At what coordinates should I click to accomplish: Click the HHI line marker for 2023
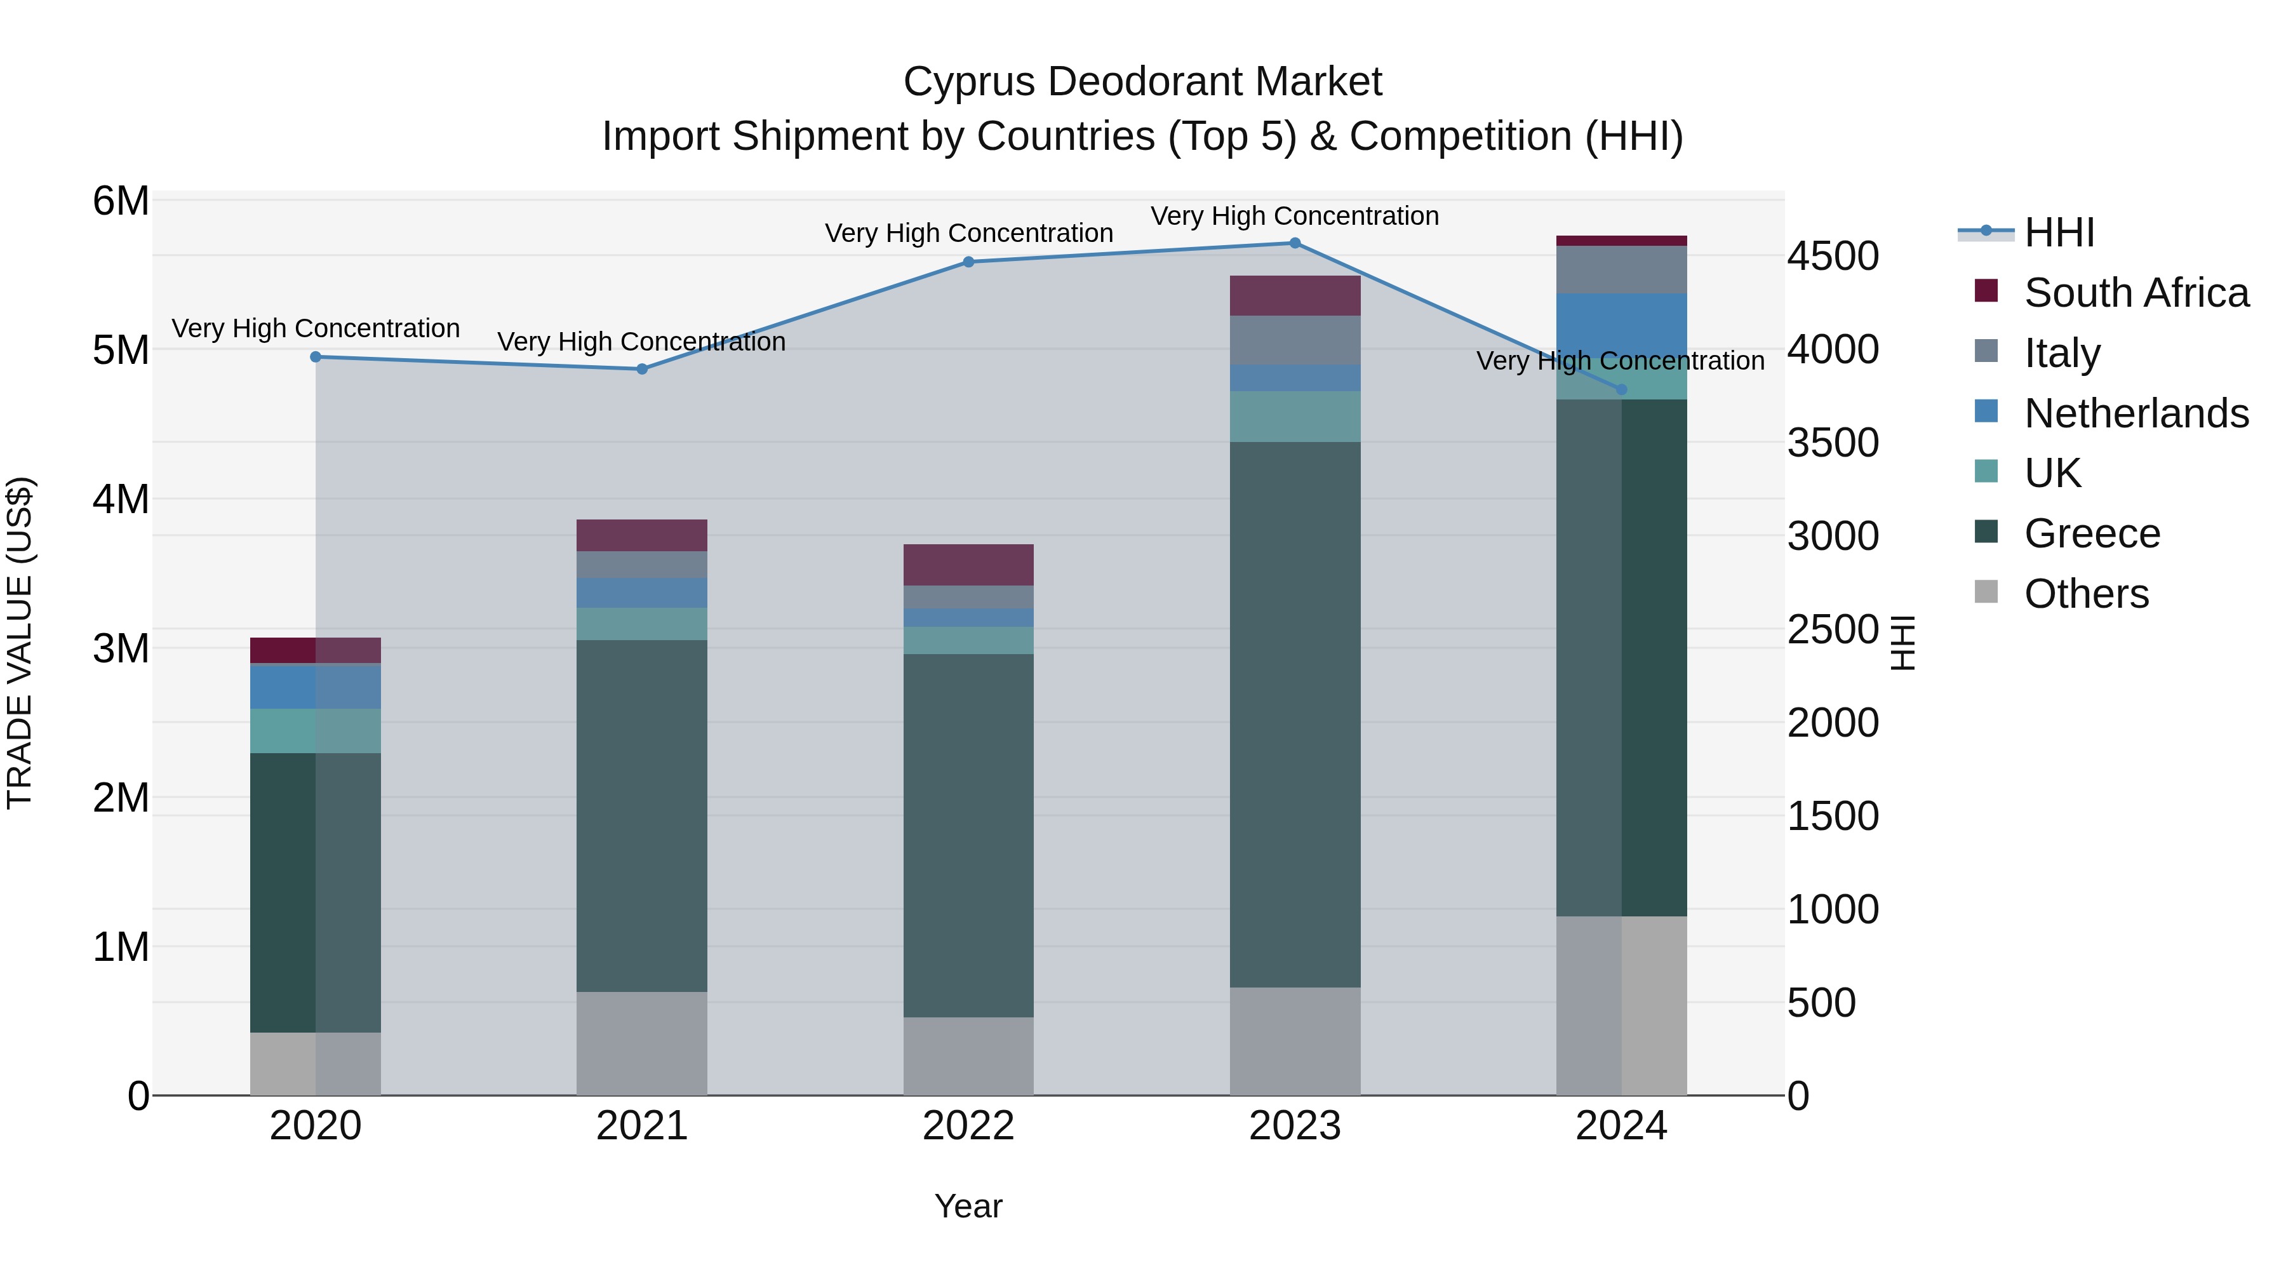tap(1295, 243)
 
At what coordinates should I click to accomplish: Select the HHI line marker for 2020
tap(316, 357)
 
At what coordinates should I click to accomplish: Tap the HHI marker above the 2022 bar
tap(968, 262)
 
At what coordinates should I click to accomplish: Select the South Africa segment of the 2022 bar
tap(968, 565)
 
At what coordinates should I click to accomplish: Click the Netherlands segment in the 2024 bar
tap(1621, 324)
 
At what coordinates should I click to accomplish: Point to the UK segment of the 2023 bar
tap(1295, 416)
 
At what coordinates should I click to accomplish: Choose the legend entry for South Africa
tap(2136, 293)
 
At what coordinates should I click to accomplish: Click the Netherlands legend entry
tap(2136, 413)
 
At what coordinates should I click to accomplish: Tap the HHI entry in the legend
tap(2059, 232)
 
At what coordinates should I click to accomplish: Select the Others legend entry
tap(2085, 594)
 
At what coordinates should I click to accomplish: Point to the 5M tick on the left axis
tap(121, 350)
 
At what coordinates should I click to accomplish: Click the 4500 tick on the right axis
tap(1833, 257)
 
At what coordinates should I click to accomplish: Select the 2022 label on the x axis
tap(968, 1126)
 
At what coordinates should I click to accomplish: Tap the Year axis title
tap(968, 1206)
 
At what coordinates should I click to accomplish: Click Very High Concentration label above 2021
tap(641, 342)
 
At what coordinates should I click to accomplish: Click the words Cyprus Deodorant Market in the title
tap(1142, 82)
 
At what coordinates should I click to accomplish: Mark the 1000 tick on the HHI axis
tap(1833, 909)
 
